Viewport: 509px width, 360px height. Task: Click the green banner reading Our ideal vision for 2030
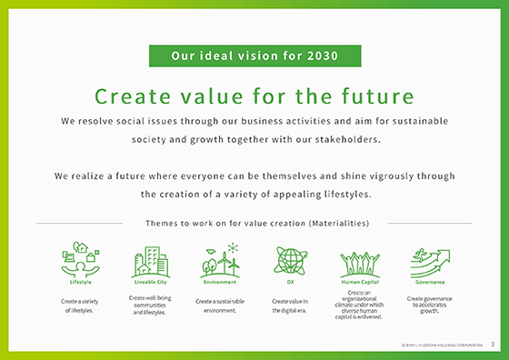point(254,56)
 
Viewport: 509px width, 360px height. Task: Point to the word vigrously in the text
point(378,175)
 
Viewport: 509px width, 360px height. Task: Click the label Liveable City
point(149,282)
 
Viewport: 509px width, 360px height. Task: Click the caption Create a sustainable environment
point(218,305)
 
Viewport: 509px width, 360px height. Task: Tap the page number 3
point(492,345)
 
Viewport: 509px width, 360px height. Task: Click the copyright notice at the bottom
point(441,345)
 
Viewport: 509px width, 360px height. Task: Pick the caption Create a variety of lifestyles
point(80,305)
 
